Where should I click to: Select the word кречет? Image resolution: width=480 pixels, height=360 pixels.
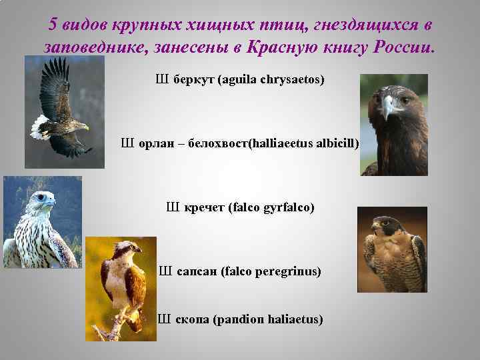pyautogui.click(x=203, y=207)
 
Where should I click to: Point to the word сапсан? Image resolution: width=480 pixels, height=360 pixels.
pyautogui.click(x=197, y=271)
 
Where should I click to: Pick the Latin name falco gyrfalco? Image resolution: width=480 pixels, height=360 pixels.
pyautogui.click(x=271, y=207)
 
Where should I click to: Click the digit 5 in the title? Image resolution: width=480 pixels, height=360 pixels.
pyautogui.click(x=54, y=25)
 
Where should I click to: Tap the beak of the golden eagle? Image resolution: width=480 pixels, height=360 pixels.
pyautogui.click(x=387, y=107)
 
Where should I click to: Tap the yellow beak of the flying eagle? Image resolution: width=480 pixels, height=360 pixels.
pyautogui.click(x=85, y=126)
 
